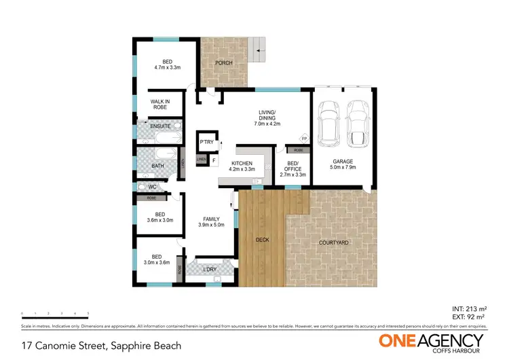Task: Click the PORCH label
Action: point(224,63)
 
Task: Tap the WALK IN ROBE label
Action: point(159,104)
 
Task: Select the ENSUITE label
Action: point(159,126)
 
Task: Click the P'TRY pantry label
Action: point(206,142)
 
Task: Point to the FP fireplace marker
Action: point(304,139)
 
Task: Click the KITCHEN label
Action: point(242,166)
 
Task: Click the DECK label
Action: point(263,240)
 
